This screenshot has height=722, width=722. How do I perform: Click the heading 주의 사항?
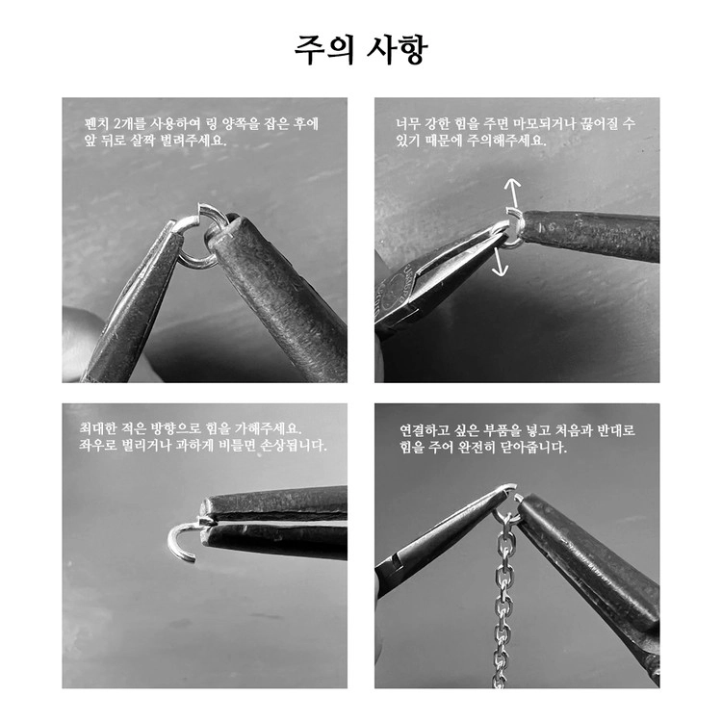pos(361,49)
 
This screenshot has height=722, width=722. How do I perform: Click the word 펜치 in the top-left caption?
pos(95,123)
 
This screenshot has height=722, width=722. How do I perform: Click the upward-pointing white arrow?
pos(513,193)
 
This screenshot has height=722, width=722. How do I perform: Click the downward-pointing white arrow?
pos(499,262)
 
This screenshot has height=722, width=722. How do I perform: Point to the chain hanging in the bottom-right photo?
pos(503,599)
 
